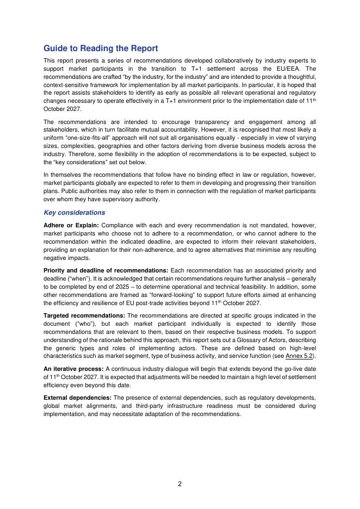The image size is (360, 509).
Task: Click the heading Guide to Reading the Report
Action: point(101,48)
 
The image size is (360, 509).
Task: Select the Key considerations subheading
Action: point(74,213)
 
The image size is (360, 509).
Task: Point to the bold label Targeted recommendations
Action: point(84,315)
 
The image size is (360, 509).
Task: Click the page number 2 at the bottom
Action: point(180,485)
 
